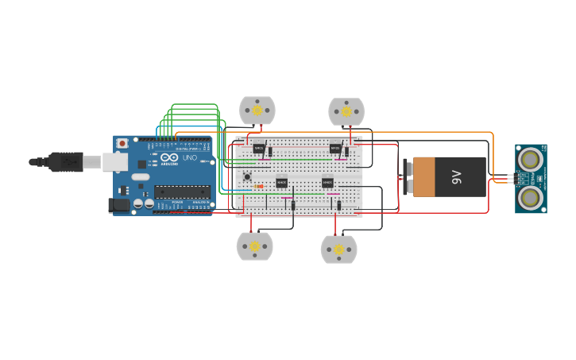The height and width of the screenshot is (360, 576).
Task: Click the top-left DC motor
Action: pyautogui.click(x=257, y=110)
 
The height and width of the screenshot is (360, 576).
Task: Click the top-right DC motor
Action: pyautogui.click(x=346, y=111)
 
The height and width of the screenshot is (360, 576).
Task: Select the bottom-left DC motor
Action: pyautogui.click(x=254, y=246)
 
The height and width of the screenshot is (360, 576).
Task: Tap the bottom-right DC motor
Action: pyautogui.click(x=339, y=250)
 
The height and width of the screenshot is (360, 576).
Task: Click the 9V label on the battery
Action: pyautogui.click(x=456, y=176)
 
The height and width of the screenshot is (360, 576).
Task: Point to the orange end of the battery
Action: pyautogui.click(x=424, y=176)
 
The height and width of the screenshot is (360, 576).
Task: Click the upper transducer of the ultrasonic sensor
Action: pyautogui.click(x=529, y=160)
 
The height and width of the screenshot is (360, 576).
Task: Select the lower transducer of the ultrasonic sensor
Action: pyautogui.click(x=529, y=196)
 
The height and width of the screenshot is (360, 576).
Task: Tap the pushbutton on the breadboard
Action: pyautogui.click(x=248, y=176)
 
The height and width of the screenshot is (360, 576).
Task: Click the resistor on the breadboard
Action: pyautogui.click(x=259, y=187)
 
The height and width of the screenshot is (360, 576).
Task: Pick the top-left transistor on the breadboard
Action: pyautogui.click(x=259, y=148)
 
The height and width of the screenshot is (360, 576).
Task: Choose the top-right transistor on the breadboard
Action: pyautogui.click(x=335, y=148)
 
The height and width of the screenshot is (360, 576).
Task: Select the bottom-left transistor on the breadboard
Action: pyautogui.click(x=281, y=183)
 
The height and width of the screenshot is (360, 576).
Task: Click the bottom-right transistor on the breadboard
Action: pyautogui.click(x=327, y=183)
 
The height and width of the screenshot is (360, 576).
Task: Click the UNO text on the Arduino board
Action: pyautogui.click(x=190, y=157)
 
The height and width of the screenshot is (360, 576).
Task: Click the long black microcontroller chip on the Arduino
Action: pyautogui.click(x=182, y=192)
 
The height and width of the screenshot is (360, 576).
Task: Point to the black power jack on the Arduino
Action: pyautogui.click(x=118, y=205)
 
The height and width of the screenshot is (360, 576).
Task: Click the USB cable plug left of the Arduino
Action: pyautogui.click(x=67, y=162)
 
